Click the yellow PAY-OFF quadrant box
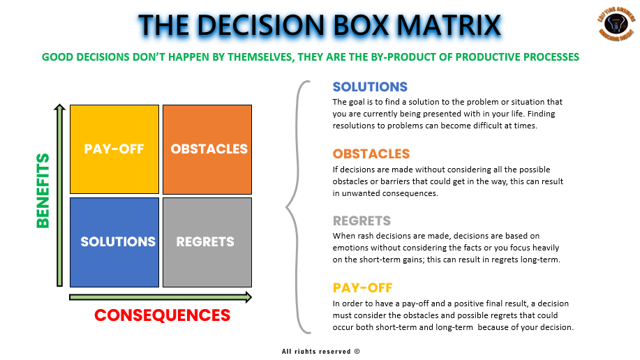pyautogui.click(x=114, y=149)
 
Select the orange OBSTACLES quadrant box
pyautogui.click(x=207, y=149)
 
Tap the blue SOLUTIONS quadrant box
pyautogui.click(x=114, y=242)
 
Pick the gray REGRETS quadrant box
pyautogui.click(x=207, y=242)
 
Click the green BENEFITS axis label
pyautogui.click(x=43, y=190)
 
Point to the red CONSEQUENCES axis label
pyautogui.click(x=162, y=315)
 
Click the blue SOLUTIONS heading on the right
pyautogui.click(x=370, y=87)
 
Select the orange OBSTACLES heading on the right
pyautogui.click(x=371, y=153)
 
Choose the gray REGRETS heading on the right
pyautogui.click(x=362, y=220)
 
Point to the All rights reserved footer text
pyautogui.click(x=320, y=352)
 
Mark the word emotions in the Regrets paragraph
pyautogui.click(x=352, y=248)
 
